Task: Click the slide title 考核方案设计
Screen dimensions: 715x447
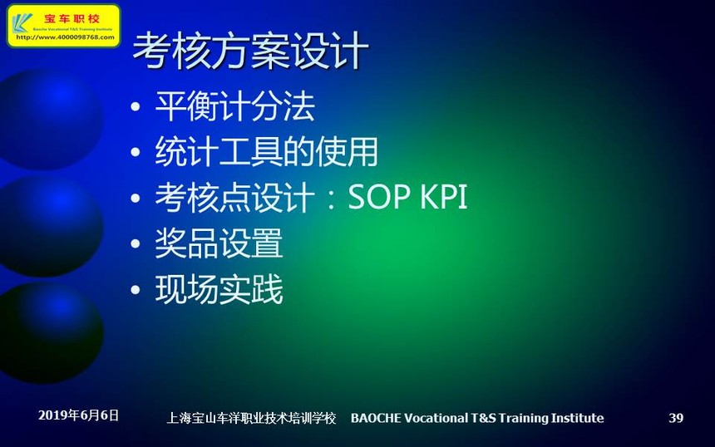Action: pos(250,51)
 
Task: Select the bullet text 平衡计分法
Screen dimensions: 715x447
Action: pos(234,106)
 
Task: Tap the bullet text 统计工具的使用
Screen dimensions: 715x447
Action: pos(267,152)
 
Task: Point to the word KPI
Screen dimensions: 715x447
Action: pos(444,197)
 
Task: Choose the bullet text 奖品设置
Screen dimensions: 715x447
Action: pos(219,243)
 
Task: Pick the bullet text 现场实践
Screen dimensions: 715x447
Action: pos(219,289)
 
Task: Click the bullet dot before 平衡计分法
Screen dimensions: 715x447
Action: pos(135,107)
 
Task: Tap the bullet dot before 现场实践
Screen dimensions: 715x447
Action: pos(135,289)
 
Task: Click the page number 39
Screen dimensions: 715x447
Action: pos(676,418)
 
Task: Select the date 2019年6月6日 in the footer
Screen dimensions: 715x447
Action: pos(78,415)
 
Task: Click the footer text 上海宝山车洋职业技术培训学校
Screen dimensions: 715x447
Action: pos(251,418)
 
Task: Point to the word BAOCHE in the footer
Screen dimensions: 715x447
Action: pos(376,418)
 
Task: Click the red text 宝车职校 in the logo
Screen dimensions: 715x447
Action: pos(71,18)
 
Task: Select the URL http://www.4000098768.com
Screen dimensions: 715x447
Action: pos(65,37)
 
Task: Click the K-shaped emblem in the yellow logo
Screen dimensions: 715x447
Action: pos(22,22)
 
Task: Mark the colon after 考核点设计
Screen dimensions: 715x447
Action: pos(332,199)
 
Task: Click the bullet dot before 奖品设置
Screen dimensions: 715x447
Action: pos(135,243)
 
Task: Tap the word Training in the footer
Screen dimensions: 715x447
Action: pos(524,418)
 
